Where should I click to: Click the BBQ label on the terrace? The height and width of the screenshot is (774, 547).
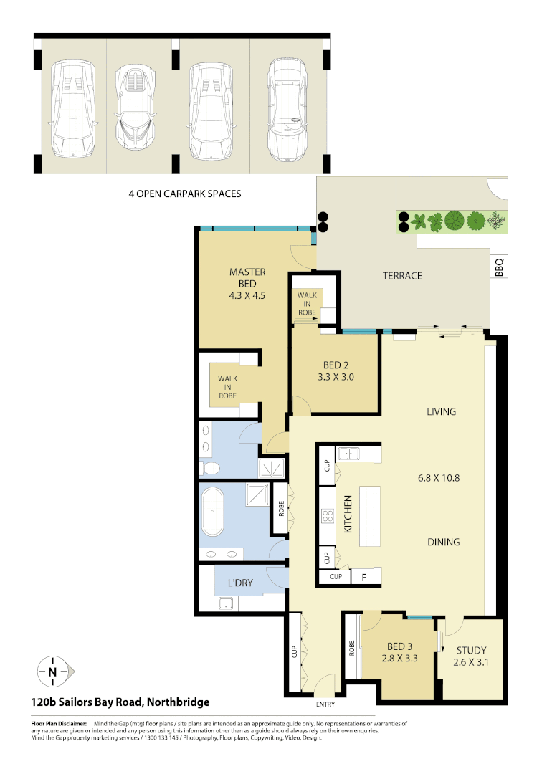coord(499,267)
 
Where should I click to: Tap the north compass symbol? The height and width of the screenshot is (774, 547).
coord(52,672)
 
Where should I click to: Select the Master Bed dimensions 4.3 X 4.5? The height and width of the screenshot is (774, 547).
coord(247,294)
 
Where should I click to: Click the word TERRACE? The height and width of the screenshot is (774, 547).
coord(401,276)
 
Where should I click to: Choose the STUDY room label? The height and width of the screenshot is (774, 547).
coord(471,650)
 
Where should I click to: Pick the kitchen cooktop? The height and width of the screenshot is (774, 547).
coord(328,517)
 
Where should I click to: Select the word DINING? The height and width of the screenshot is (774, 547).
coord(442,542)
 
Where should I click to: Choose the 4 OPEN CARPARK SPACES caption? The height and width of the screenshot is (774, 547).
coord(184,193)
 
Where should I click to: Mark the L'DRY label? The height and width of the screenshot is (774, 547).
coord(240,583)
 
